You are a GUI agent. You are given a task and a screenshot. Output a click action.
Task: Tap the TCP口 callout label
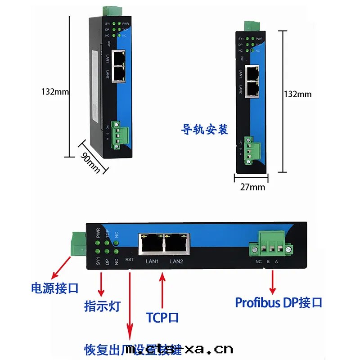(162, 318)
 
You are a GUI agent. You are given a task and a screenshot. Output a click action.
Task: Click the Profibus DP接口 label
(279, 302)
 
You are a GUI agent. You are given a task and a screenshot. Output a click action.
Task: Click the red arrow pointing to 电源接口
(61, 268)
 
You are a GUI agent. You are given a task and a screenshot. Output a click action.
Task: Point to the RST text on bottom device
(130, 260)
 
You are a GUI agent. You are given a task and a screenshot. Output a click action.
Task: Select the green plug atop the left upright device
(108, 11)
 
